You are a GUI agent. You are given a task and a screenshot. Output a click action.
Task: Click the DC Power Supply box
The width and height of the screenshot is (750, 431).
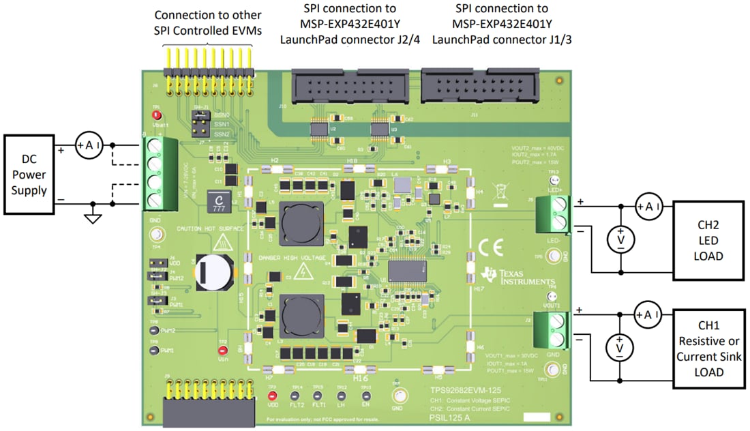(29, 175)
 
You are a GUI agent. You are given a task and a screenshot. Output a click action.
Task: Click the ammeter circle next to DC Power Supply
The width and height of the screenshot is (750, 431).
(88, 145)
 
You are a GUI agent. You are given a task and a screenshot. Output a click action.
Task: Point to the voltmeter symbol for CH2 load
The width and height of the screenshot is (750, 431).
(621, 239)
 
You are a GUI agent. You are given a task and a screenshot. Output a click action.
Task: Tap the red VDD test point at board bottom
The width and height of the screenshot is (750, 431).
(272, 396)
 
